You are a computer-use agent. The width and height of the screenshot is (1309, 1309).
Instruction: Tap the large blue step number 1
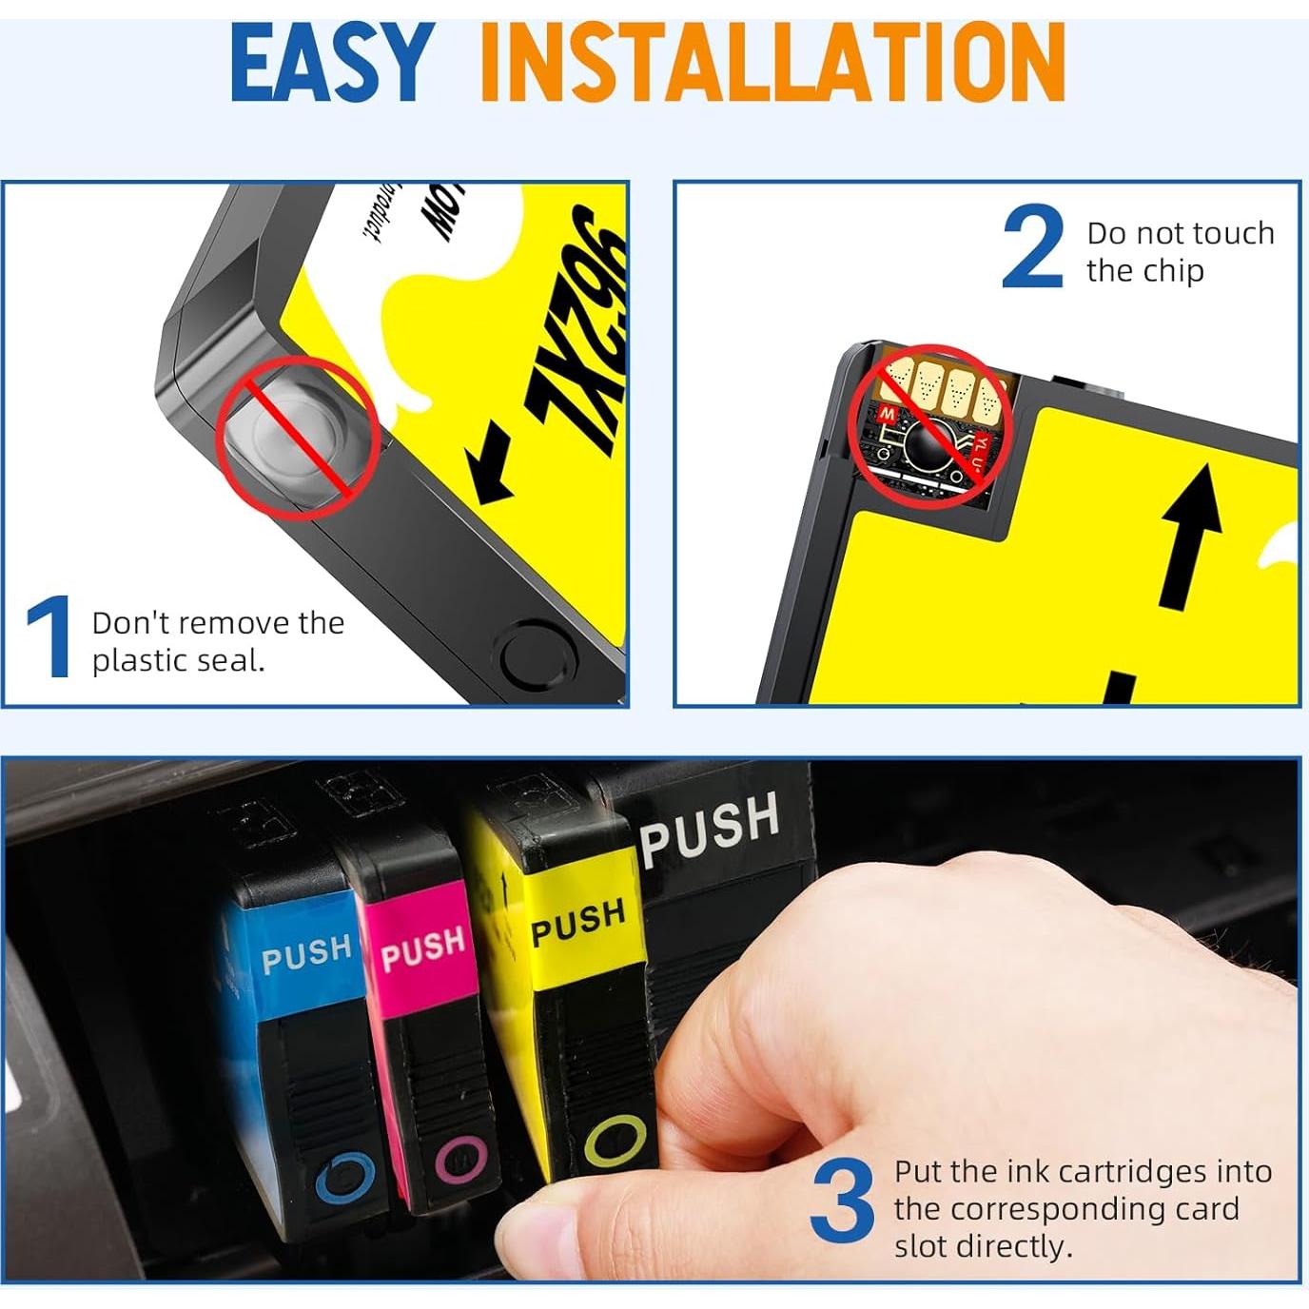pos(48,637)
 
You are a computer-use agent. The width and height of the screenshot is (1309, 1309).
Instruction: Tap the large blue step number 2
pos(1033,249)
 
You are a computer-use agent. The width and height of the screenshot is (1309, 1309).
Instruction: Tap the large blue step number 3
pos(843,1201)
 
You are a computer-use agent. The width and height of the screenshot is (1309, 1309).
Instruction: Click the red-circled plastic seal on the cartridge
pos(297,438)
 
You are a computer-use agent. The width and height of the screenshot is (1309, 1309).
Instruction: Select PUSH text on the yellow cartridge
pos(577,922)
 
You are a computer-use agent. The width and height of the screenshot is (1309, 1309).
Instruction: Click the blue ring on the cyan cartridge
pos(344,1181)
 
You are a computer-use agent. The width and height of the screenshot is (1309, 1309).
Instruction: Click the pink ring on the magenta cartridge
pos(461,1160)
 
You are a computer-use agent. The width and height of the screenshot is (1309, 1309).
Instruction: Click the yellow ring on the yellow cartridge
pos(615,1141)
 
